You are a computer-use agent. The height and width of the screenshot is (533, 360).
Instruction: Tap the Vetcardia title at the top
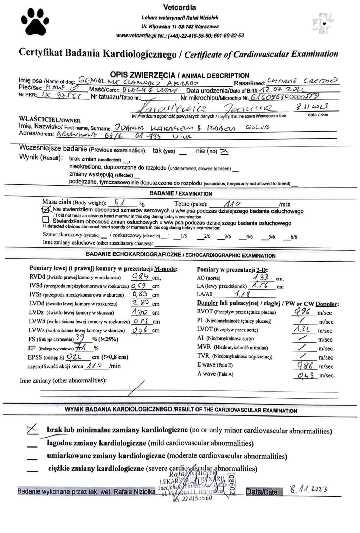[x=180, y=7]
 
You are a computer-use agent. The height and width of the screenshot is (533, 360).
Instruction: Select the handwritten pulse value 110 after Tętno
[x=232, y=203]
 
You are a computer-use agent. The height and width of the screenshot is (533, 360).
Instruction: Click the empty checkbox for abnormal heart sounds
[x=45, y=220]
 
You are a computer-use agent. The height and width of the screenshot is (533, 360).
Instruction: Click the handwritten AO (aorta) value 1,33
[x=261, y=277]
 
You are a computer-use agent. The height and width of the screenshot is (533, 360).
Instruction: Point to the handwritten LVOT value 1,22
[x=302, y=329]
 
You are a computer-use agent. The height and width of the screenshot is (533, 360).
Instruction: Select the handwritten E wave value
[x=305, y=366]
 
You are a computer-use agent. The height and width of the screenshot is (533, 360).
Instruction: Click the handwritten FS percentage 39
[x=80, y=338]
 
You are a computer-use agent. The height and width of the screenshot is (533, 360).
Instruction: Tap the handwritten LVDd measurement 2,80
[x=140, y=303]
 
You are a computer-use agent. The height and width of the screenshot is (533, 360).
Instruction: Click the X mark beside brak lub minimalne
[x=32, y=429]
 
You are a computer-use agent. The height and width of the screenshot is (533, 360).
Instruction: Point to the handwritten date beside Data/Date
[x=308, y=489]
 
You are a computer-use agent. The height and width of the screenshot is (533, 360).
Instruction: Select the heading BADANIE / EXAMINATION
[x=181, y=193]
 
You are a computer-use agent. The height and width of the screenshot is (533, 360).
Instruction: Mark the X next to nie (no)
[x=224, y=152]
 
